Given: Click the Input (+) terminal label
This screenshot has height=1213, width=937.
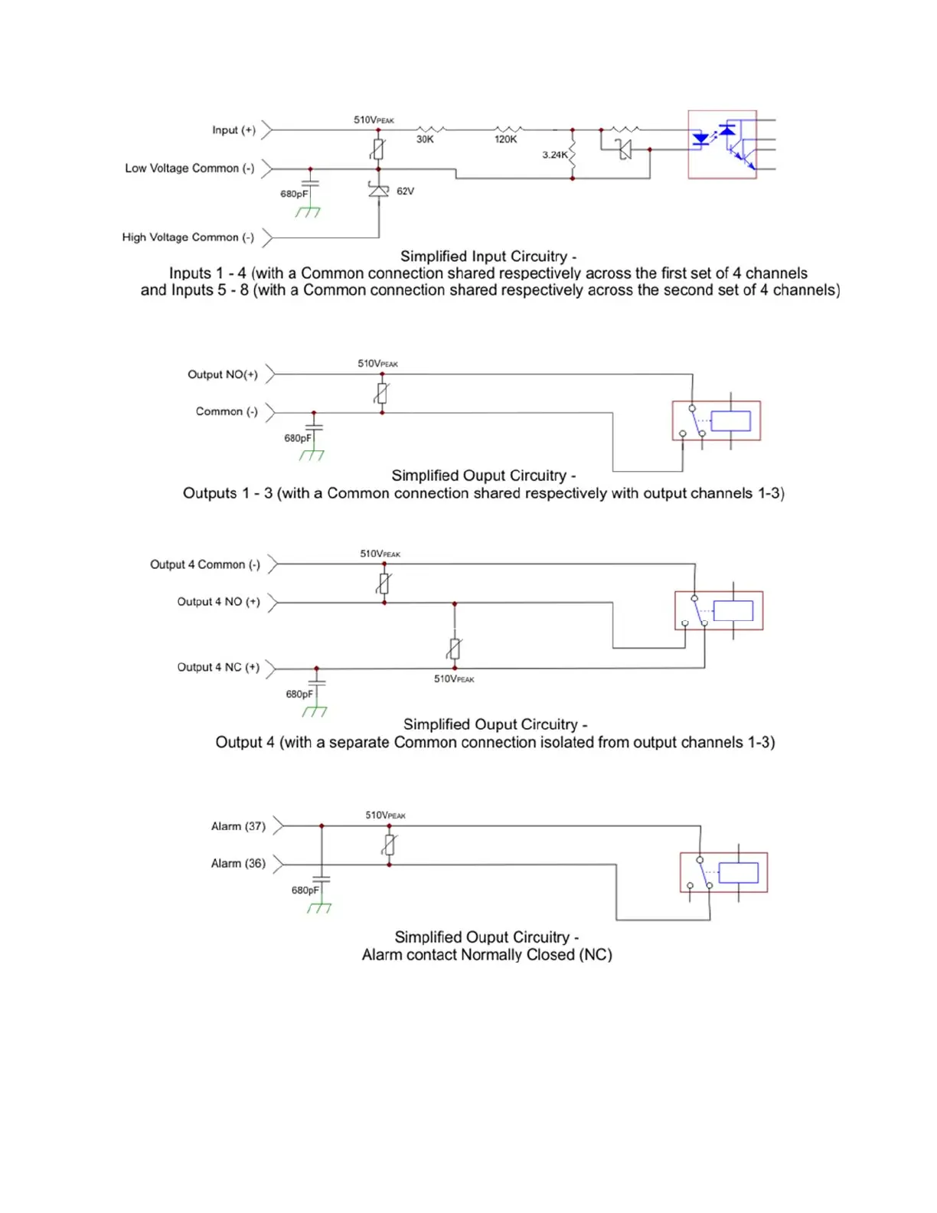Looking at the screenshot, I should pos(233,130).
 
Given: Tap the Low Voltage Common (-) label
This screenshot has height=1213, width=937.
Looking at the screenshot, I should pos(189,168).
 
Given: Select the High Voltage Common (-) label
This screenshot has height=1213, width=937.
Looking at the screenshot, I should pos(188,237).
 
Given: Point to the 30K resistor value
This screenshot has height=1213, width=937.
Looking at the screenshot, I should pos(425,139).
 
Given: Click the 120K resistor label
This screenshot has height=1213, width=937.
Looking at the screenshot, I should pos(505,139).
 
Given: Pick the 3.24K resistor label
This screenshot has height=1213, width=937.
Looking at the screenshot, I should pos(555,155).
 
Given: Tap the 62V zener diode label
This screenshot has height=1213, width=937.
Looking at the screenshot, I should pos(405,191).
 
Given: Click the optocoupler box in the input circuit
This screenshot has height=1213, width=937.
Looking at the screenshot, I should pos(722,145).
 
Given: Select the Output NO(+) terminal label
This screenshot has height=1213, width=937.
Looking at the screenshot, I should pos(222,374).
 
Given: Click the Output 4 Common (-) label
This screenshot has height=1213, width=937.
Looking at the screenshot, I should pos(204,564).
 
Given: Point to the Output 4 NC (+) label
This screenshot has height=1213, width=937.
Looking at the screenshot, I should pos(218,667).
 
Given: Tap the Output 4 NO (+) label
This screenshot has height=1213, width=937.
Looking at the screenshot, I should pos(218,602).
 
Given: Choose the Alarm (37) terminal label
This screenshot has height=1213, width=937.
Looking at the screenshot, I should pos(238,826).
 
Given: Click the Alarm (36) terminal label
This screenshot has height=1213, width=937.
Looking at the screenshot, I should pos(238,863).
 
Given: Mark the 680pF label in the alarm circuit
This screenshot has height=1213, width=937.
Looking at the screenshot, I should pos(305,891).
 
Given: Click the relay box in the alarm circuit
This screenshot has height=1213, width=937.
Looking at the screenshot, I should pos(723,872).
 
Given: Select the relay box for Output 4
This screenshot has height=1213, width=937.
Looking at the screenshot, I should pos(718,610).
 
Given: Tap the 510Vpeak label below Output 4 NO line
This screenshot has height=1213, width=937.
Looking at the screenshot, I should pos(454,679).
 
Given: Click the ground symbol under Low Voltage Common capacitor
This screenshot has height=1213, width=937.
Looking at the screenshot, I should pos(308,212).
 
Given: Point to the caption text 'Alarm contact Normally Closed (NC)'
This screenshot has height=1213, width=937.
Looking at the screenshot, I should pos(487,955).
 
